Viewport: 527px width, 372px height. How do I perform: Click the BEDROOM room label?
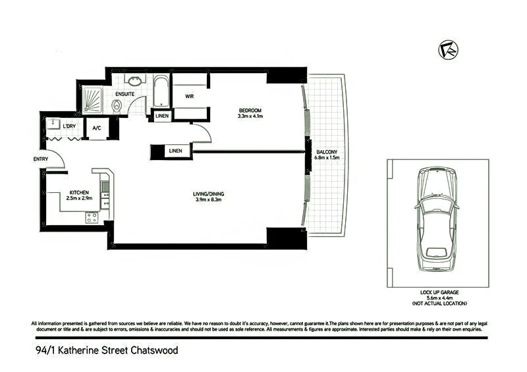pyautogui.click(x=250, y=110)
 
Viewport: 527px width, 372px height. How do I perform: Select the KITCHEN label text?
pyautogui.click(x=78, y=192)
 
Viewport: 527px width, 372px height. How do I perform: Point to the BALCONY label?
pyautogui.click(x=327, y=152)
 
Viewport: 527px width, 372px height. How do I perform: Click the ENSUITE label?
pyautogui.click(x=125, y=94)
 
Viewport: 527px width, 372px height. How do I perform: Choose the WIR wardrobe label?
pyautogui.click(x=190, y=96)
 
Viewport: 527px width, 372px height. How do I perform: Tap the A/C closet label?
pyautogui.click(x=96, y=128)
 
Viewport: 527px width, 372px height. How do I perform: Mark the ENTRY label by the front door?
pyautogui.click(x=40, y=159)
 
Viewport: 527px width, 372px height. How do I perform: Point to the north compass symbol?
pyautogui.click(x=449, y=50)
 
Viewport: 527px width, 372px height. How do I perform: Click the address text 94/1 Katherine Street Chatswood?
pyautogui.click(x=106, y=351)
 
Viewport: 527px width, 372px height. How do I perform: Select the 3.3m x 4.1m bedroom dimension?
pyautogui.click(x=250, y=116)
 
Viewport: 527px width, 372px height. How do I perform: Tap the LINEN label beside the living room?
pyautogui.click(x=175, y=151)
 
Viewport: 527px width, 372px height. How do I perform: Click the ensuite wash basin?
pyautogui.click(x=136, y=81)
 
